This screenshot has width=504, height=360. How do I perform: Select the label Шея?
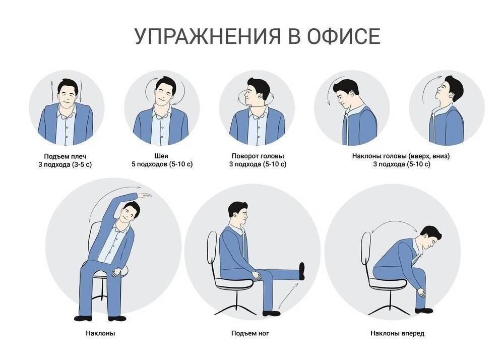(162, 156)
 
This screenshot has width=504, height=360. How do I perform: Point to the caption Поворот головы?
(258, 156)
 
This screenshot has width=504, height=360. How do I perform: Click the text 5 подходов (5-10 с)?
(162, 164)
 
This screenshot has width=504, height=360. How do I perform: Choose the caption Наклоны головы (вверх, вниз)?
(401, 156)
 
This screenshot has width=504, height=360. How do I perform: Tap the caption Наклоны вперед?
(397, 333)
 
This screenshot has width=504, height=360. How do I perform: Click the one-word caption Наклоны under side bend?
(101, 333)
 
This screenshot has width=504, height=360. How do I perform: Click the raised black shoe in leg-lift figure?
(302, 270)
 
